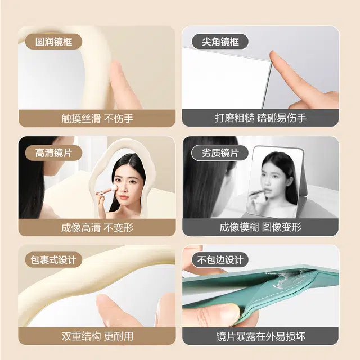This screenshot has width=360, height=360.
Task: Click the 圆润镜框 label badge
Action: [53, 42]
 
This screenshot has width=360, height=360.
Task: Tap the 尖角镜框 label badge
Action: [220, 42]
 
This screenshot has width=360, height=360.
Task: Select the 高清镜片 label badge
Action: [53, 152]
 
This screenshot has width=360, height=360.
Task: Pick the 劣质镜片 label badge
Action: [220, 152]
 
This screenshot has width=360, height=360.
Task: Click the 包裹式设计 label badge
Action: [53, 260]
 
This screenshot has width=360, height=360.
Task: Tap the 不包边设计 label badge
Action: [220, 260]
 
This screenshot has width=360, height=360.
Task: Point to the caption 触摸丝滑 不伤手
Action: [97, 119]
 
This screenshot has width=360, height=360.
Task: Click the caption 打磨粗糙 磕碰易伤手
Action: [260, 118]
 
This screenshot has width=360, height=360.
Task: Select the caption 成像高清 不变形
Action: [97, 228]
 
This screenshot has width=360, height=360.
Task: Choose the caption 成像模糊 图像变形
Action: [260, 227]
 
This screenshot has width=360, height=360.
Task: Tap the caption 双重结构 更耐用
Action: [97, 336]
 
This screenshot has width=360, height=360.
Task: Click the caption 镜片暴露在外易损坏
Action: [260, 336]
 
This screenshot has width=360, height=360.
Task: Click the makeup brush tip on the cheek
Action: [114, 188]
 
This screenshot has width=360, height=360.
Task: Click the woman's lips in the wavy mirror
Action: [124, 197]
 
